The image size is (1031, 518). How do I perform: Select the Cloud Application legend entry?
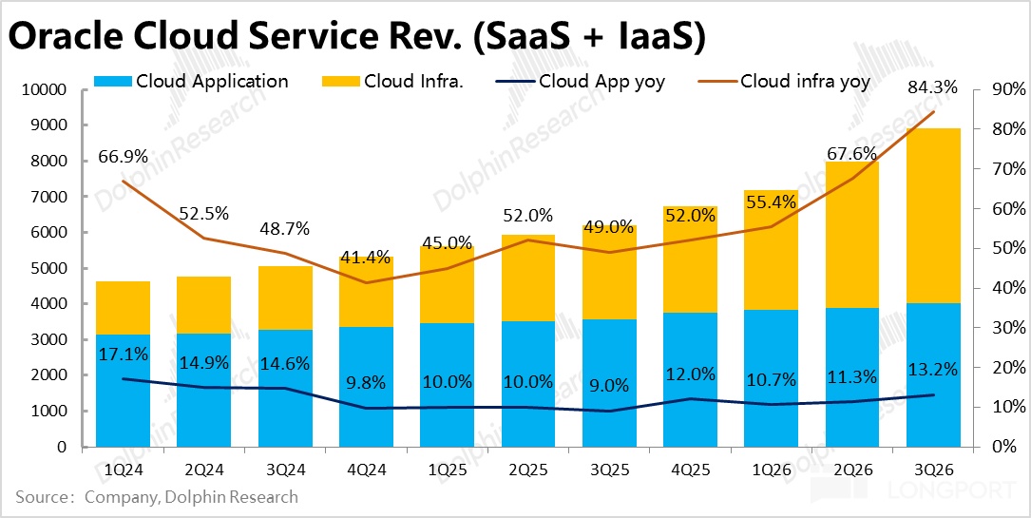(x=212, y=82)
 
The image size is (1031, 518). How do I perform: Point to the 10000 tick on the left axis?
(x=47, y=90)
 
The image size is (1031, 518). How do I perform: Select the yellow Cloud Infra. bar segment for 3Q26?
(x=933, y=215)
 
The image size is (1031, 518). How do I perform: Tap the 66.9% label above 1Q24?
(x=124, y=156)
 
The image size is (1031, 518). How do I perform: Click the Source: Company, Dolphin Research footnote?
(x=157, y=497)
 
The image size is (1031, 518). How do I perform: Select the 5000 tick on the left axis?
(x=50, y=269)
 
